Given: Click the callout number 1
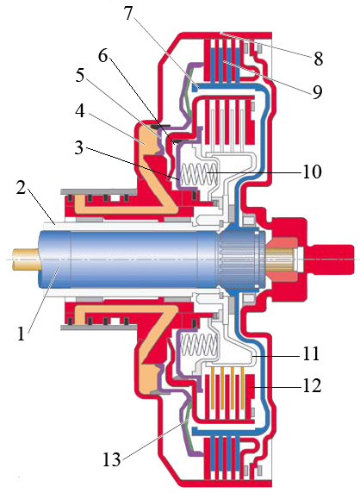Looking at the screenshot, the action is (21, 334).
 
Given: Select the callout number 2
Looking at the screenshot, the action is (21, 186).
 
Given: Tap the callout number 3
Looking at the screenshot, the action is (79, 147).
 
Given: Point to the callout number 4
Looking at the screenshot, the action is (80, 110).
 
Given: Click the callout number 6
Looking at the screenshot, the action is (102, 56).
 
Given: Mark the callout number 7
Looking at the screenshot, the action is (128, 13).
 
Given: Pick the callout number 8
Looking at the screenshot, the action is (318, 59).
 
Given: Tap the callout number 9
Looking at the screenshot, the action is (317, 91).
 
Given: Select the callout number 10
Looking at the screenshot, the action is (312, 172).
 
